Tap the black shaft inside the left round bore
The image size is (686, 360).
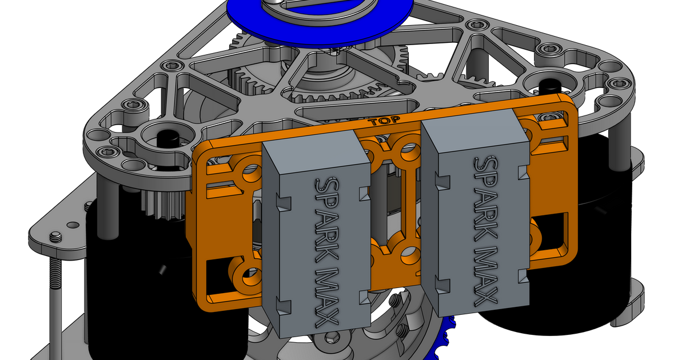tap(166, 138)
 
